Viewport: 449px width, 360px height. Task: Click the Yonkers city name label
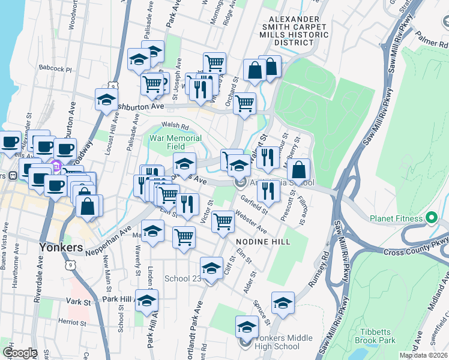[x=61, y=247]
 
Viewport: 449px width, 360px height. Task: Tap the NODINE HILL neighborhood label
[x=263, y=242]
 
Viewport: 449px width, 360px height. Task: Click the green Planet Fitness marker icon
[x=431, y=218]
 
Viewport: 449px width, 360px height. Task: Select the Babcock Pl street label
[x=55, y=69]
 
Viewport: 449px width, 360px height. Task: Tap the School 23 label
[x=183, y=279]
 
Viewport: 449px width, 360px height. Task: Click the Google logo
[x=20, y=353]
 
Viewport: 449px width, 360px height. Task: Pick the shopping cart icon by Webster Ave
[x=223, y=221]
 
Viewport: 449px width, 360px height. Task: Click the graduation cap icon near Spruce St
[x=283, y=303]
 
